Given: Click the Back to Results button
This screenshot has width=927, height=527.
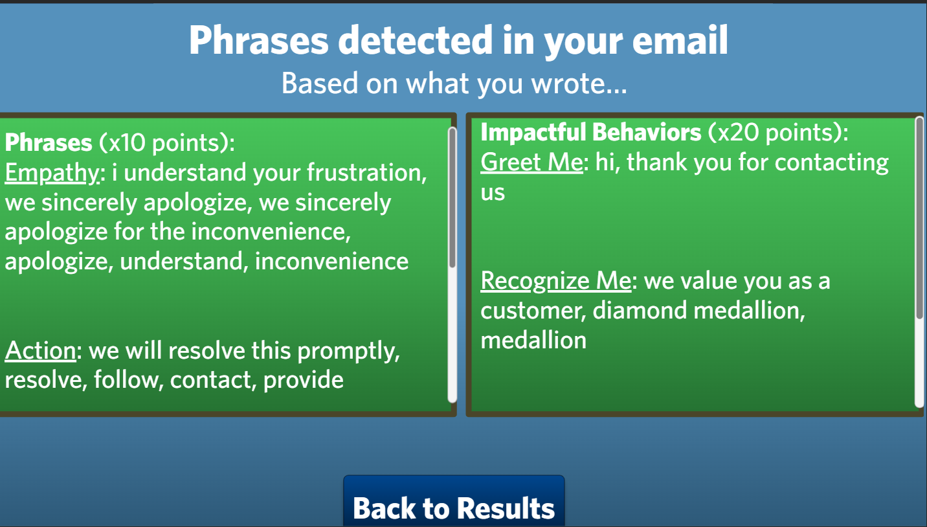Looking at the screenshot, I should click(x=454, y=507).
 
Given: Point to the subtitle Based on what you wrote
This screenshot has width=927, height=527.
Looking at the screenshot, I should click(x=454, y=84).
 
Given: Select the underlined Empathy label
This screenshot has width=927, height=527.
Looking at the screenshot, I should click(x=52, y=173).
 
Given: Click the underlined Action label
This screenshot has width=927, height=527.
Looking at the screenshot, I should click(x=40, y=350).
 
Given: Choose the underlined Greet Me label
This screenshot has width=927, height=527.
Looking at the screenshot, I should click(x=531, y=162).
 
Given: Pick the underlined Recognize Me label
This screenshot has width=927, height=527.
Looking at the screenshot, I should click(x=555, y=281).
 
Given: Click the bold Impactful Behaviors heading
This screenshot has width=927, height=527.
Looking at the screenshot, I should click(x=590, y=132).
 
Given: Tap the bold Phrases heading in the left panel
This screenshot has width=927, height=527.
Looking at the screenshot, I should click(x=49, y=142).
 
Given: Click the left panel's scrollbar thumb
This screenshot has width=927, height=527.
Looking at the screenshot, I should click(x=452, y=197).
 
